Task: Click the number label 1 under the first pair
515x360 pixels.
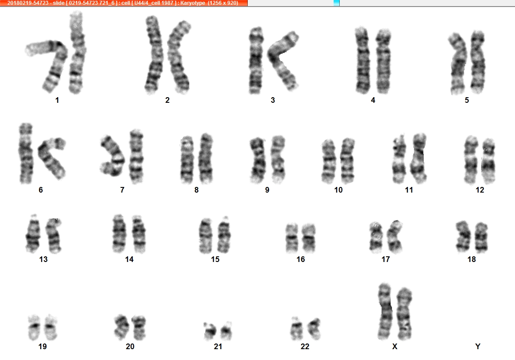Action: [57, 100]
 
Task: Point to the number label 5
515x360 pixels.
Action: [467, 100]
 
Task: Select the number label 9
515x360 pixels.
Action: [267, 190]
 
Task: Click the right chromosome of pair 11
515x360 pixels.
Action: [419, 158]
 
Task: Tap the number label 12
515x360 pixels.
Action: [480, 190]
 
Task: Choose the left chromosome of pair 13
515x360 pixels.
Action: [33, 234]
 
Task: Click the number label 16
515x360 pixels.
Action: [301, 259]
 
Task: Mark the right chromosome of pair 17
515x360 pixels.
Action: [394, 237]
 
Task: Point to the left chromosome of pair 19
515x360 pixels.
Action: [34, 327]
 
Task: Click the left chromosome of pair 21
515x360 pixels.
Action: [210, 331]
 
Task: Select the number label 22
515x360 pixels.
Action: [305, 347]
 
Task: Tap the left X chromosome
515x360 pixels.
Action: [386, 311]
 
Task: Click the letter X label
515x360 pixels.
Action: [395, 347]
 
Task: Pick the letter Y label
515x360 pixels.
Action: [478, 347]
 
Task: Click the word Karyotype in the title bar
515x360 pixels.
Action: [193, 3]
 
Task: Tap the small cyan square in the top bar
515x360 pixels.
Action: [336, 3]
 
